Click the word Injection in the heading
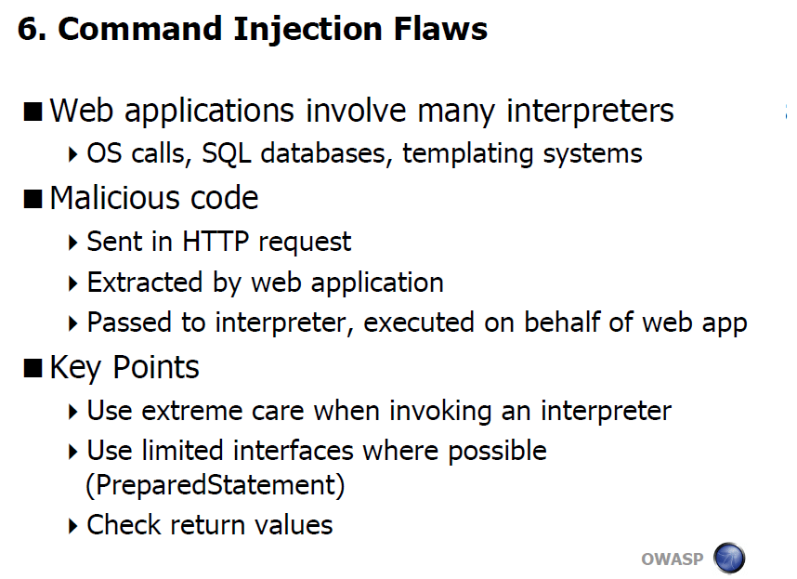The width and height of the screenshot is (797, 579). pyautogui.click(x=307, y=30)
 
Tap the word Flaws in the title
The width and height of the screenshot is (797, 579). pyautogui.click(x=440, y=29)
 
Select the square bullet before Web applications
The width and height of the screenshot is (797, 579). pyautogui.click(x=33, y=112)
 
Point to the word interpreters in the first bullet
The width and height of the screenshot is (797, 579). pyautogui.click(x=590, y=112)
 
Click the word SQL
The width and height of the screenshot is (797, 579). pyautogui.click(x=227, y=154)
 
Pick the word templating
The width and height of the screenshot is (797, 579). pyautogui.click(x=467, y=154)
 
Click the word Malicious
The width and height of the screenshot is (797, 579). pyautogui.click(x=115, y=198)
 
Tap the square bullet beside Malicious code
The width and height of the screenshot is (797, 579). pyautogui.click(x=33, y=199)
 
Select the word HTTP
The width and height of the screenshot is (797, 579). pyautogui.click(x=216, y=242)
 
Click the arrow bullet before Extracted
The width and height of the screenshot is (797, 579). pyautogui.click(x=72, y=283)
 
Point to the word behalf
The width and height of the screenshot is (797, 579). pyautogui.click(x=562, y=322)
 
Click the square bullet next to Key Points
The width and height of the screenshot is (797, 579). pyautogui.click(x=33, y=368)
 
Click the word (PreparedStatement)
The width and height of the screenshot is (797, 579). pyautogui.click(x=216, y=485)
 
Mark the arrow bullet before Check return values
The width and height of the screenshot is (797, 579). pyautogui.click(x=72, y=526)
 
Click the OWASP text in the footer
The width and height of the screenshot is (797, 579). pyautogui.click(x=673, y=559)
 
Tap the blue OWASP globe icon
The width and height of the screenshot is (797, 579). pyautogui.click(x=729, y=558)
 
